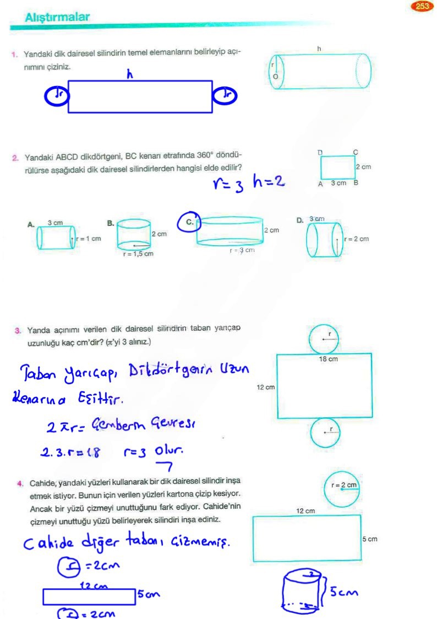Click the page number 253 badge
pos(422,7)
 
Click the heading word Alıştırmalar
pos(57,18)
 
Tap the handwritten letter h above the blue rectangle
pos(130,74)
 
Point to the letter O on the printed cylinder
pos(275,77)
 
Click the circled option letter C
pos(189,222)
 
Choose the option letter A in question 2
pos(31,224)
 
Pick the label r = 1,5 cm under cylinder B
pos(138,254)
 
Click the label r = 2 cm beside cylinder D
pos(356,239)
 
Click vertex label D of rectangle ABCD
pos(320,152)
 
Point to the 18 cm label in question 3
pos(329,359)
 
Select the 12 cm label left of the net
pos(265,387)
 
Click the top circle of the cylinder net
pos(325,337)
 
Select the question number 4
pos(19,484)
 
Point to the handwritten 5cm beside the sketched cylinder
pos(345,592)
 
